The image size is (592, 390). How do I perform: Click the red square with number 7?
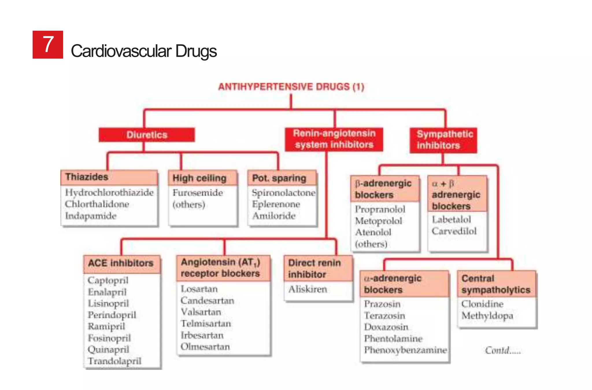click(x=48, y=45)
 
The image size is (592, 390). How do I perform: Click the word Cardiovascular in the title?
click(x=121, y=51)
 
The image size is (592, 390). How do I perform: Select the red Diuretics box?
click(x=147, y=135)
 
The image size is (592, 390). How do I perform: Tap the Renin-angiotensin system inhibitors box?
click(x=334, y=139)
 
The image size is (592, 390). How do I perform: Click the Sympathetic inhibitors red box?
click(x=443, y=140)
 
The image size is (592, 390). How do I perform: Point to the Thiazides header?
click(x=87, y=177)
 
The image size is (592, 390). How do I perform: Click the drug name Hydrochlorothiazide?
click(x=109, y=192)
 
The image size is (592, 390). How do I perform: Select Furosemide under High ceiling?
click(x=198, y=193)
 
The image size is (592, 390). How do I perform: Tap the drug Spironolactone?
click(x=283, y=193)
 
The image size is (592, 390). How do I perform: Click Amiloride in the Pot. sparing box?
click(x=274, y=216)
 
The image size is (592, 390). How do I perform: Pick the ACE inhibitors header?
click(x=121, y=263)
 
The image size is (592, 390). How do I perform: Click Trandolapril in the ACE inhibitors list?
click(x=114, y=361)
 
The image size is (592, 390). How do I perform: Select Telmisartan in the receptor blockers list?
click(x=206, y=323)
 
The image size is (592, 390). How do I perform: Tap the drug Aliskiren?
click(x=308, y=289)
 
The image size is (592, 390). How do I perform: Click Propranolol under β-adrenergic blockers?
click(x=380, y=209)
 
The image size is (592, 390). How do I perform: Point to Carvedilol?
click(x=454, y=231)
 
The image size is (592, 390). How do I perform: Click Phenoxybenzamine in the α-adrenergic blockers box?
click(x=405, y=350)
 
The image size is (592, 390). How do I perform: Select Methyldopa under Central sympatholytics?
click(x=487, y=316)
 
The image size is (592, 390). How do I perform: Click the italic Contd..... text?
click(x=503, y=351)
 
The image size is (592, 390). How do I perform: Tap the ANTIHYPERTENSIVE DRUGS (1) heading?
click(x=291, y=87)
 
